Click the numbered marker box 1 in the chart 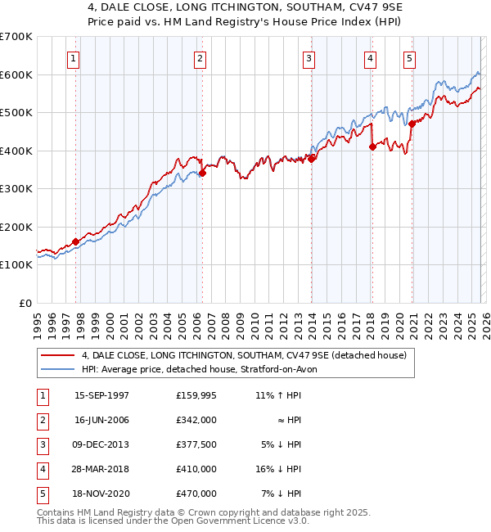pos(74,58)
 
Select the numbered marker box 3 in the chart pos(309,58)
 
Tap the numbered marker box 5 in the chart pos(408,58)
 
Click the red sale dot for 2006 pos(202,173)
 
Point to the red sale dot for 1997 pos(75,241)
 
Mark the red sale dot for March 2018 pos(372,147)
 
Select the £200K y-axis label pos(16,227)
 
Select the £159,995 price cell pos(196,394)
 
